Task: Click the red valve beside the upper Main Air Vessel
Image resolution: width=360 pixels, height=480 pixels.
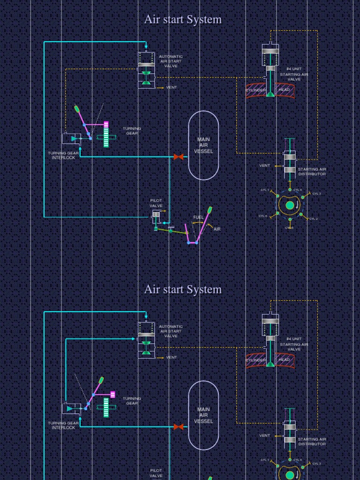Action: click(x=178, y=157)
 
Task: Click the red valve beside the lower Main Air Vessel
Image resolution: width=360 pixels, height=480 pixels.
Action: click(x=178, y=427)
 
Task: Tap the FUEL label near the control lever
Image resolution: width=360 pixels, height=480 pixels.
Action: click(x=198, y=217)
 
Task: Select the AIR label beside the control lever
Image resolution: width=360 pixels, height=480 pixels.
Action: click(x=217, y=229)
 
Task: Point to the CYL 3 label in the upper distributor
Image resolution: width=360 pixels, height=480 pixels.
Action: click(x=316, y=194)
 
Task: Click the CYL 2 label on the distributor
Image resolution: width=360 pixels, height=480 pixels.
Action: click(x=313, y=219)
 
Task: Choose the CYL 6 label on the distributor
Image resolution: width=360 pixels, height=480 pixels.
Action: click(x=263, y=216)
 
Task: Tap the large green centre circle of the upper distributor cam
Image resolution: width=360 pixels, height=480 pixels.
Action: click(x=290, y=205)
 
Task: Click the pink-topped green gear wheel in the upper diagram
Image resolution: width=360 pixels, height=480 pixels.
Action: click(x=106, y=135)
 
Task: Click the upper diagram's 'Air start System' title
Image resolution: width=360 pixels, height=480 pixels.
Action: click(x=183, y=20)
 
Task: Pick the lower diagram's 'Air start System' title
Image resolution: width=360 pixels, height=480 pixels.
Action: click(x=183, y=290)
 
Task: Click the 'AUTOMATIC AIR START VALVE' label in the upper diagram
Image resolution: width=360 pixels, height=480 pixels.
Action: click(x=171, y=61)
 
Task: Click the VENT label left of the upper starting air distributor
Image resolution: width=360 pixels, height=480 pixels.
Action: click(x=265, y=165)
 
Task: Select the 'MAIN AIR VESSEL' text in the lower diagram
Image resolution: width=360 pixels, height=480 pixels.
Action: click(x=203, y=415)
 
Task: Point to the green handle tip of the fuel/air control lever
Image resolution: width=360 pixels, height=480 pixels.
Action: click(x=210, y=209)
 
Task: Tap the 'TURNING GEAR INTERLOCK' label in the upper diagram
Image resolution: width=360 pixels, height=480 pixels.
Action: click(x=63, y=156)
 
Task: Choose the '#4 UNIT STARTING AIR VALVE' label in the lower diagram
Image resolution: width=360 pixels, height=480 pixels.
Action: click(x=294, y=344)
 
